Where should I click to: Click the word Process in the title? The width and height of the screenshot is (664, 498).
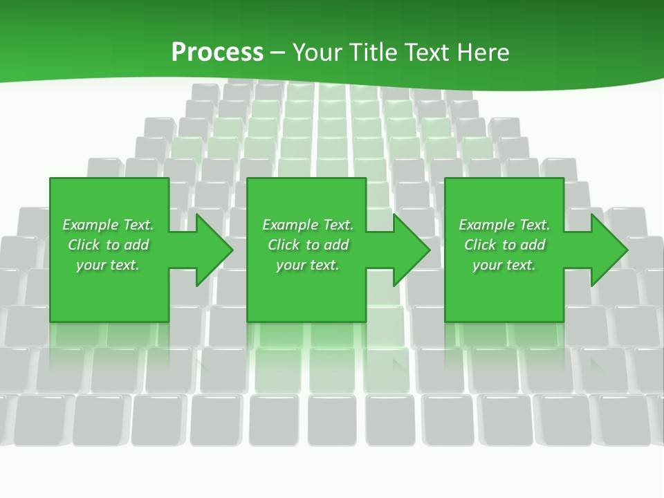click(217, 53)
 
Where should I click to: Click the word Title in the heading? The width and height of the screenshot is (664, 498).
click(374, 53)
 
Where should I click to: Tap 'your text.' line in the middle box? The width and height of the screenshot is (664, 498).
click(307, 265)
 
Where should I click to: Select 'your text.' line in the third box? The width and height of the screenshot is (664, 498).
click(504, 265)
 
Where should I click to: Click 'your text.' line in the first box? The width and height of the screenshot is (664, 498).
click(107, 265)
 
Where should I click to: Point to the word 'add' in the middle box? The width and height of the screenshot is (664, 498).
click(336, 245)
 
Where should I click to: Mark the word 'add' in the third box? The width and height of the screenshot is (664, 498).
click(533, 245)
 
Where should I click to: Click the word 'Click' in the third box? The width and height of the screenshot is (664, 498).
click(481, 245)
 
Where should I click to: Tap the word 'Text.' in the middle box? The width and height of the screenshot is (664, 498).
click(337, 225)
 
